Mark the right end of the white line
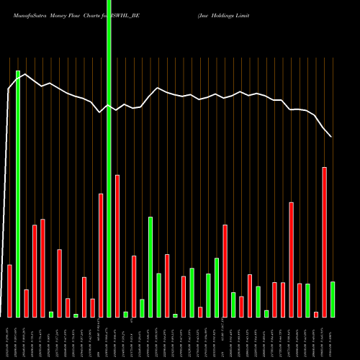click(x=331, y=137)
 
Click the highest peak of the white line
click(x=26, y=73)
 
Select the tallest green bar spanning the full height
click(x=109, y=158)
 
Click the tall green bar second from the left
click(x=18, y=194)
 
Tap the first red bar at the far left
click(x=9, y=291)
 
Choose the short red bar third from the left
click(x=26, y=303)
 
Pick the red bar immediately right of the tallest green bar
click(x=117, y=246)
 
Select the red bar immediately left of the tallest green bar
click(x=101, y=255)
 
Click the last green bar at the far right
click(x=333, y=299)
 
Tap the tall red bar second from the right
click(x=325, y=242)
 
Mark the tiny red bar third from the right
click(x=316, y=314)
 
